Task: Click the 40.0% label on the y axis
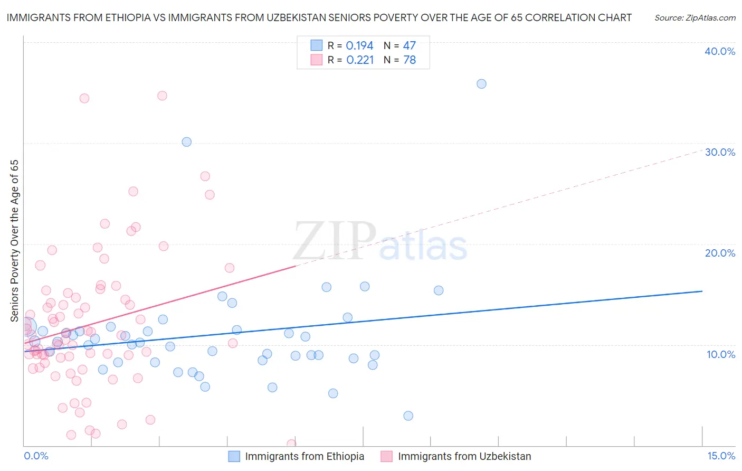coord(720,51)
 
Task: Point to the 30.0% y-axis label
coord(720,152)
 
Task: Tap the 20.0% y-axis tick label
coord(720,253)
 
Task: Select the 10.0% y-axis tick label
coord(721,354)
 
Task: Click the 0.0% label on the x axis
coord(36,456)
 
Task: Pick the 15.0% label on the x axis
coord(721,456)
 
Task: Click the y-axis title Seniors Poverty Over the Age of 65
coord(14,241)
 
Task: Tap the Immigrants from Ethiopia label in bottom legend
coord(305,456)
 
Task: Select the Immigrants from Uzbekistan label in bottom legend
coord(464,456)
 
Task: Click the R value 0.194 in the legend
coord(359,46)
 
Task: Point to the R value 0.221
coord(360,60)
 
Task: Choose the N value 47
coord(410,46)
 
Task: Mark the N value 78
coord(410,60)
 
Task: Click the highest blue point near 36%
coord(481,84)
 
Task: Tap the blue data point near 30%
coord(186,142)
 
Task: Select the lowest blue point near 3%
coord(408,416)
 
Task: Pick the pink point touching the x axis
coord(291,444)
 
